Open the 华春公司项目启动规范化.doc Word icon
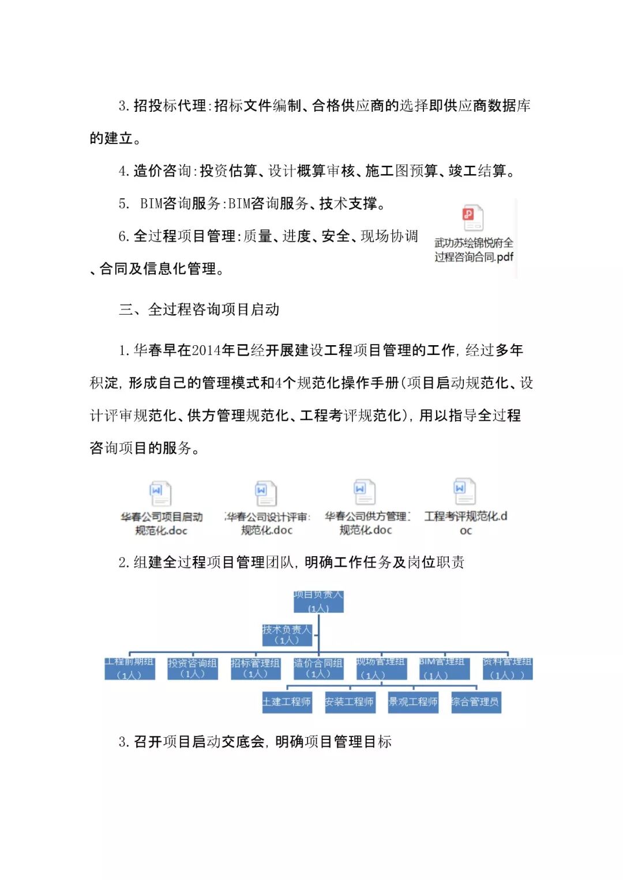(160, 494)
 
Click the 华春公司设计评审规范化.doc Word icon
(266, 493)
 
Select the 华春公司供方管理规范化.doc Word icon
(365, 492)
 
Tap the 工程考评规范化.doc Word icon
(464, 491)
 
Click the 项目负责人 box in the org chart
(318, 601)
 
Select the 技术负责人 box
(287, 634)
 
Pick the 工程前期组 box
(130, 669)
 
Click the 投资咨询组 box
(193, 669)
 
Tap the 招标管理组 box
(256, 669)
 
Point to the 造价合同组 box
(318, 669)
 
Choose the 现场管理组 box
(381, 669)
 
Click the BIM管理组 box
(444, 669)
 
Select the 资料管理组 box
(508, 669)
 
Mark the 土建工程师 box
(287, 702)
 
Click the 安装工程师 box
(350, 702)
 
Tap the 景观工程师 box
(413, 702)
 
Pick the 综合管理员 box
(476, 702)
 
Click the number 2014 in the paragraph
(207, 350)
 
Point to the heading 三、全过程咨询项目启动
(199, 309)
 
